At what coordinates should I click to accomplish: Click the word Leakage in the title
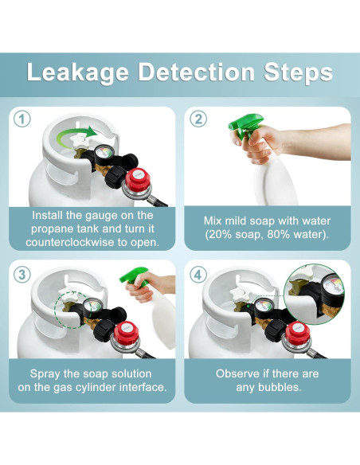(78, 72)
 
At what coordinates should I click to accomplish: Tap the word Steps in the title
(299, 72)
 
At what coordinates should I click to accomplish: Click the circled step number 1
(22, 119)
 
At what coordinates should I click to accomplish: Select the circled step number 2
(198, 119)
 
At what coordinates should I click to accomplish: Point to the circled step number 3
(22, 275)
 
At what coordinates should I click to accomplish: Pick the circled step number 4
(198, 275)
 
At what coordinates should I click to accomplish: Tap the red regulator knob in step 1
(138, 180)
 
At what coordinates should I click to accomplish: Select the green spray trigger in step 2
(245, 125)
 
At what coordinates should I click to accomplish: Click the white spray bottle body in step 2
(274, 179)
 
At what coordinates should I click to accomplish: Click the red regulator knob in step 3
(126, 334)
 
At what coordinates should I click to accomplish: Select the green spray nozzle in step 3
(134, 275)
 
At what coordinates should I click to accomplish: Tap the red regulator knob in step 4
(297, 334)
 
